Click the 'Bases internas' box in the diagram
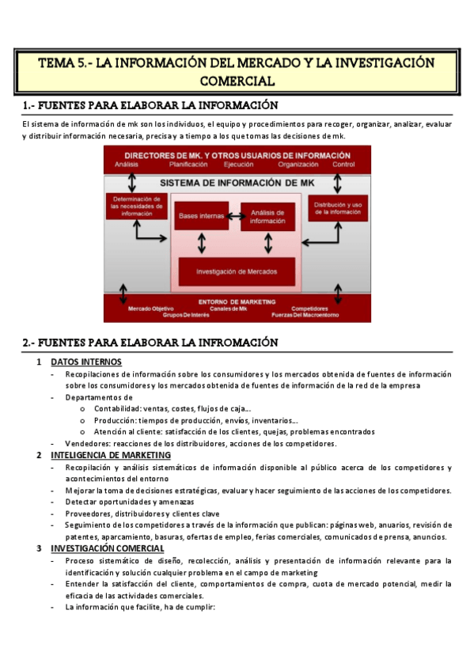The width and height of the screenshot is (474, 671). [200, 215]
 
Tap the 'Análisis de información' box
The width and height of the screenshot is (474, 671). [267, 216]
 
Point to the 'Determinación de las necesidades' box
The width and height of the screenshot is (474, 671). [136, 206]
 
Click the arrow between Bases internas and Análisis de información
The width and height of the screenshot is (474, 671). [233, 215]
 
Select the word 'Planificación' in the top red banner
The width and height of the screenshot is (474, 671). [188, 165]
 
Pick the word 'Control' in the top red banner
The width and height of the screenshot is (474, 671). [344, 165]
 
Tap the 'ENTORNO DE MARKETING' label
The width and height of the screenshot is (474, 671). [237, 301]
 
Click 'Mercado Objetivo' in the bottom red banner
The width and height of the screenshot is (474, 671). [151, 309]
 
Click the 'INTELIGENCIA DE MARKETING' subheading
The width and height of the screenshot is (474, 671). [111, 456]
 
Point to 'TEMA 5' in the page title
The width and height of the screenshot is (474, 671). [63, 63]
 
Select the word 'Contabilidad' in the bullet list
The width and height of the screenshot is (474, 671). [118, 408]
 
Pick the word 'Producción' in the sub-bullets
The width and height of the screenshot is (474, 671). [116, 420]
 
